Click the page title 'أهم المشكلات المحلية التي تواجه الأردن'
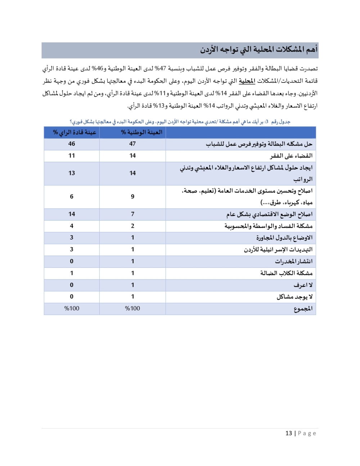point(259,49)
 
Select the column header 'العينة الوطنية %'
point(141,132)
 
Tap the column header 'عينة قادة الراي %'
point(75,132)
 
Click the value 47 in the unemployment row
point(132,144)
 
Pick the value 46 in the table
point(72,144)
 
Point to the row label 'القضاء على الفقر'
point(291,156)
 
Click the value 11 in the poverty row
point(72,156)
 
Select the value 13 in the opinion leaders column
point(72,173)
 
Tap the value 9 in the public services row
point(132,196)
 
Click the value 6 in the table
point(72,196)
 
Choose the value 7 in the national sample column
point(132,214)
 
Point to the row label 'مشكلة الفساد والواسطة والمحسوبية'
point(268,226)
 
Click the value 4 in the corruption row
point(72,226)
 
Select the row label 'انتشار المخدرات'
point(293,261)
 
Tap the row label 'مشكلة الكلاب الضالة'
point(286,273)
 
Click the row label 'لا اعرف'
point(303,285)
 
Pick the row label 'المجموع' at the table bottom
point(303,309)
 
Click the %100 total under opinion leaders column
point(72,308)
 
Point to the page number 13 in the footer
point(289,433)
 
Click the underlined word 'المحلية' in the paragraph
point(247,81)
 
